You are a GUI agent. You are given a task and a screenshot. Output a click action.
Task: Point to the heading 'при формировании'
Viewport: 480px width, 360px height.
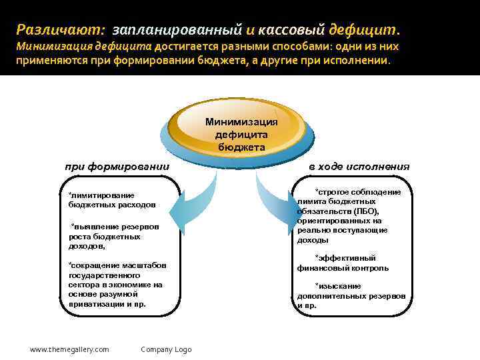[117, 166]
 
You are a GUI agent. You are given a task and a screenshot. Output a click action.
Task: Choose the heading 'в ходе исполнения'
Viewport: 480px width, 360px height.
[359, 167]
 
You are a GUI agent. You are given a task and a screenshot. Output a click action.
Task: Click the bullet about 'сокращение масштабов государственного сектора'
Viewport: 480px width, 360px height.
[117, 284]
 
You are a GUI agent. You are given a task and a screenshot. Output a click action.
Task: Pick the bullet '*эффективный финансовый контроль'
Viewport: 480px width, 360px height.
[344, 263]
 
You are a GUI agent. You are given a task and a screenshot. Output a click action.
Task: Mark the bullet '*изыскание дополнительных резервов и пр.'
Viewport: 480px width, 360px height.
[351, 295]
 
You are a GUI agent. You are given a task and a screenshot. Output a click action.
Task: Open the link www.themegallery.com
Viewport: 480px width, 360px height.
[69, 349]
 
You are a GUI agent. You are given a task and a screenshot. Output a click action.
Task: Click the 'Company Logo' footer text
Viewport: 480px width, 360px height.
[166, 349]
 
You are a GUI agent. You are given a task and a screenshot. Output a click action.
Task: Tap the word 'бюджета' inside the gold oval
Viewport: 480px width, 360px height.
[241, 147]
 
